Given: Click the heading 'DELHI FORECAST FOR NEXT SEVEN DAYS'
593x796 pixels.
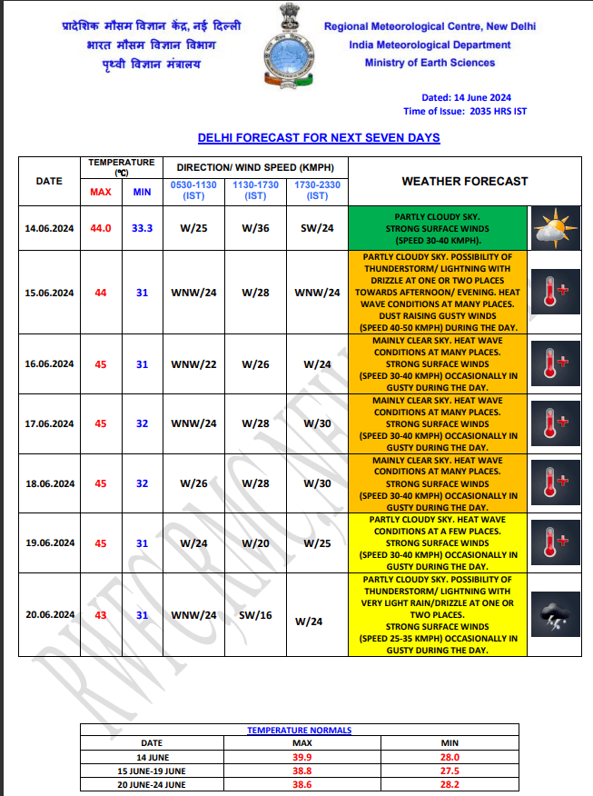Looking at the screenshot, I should click(319, 138).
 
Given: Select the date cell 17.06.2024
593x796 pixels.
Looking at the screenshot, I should click(49, 423).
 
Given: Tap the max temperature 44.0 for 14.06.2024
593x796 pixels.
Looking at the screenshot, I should click(100, 228).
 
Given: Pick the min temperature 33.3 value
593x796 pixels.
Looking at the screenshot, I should click(142, 228).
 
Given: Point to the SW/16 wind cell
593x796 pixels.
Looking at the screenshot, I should click(256, 615).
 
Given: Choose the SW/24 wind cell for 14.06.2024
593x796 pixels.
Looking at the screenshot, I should click(317, 228).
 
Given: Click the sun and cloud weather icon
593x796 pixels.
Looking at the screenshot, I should click(554, 228).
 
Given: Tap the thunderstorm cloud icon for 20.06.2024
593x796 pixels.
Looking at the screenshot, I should click(554, 614).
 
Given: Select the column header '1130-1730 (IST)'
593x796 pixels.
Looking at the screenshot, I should click(256, 190).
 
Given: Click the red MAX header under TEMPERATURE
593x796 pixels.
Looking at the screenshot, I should click(100, 192).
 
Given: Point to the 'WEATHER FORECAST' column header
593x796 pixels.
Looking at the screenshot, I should click(464, 181).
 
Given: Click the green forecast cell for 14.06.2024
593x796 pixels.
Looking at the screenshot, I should click(439, 228).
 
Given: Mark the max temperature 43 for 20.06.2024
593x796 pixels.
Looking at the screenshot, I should click(100, 615).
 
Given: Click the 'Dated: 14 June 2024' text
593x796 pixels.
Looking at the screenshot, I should click(466, 97).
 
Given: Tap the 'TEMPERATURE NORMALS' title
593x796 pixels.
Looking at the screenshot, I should click(299, 730).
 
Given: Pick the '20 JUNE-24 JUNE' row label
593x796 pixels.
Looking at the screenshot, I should click(152, 784).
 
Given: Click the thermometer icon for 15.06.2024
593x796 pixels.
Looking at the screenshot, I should click(554, 293).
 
